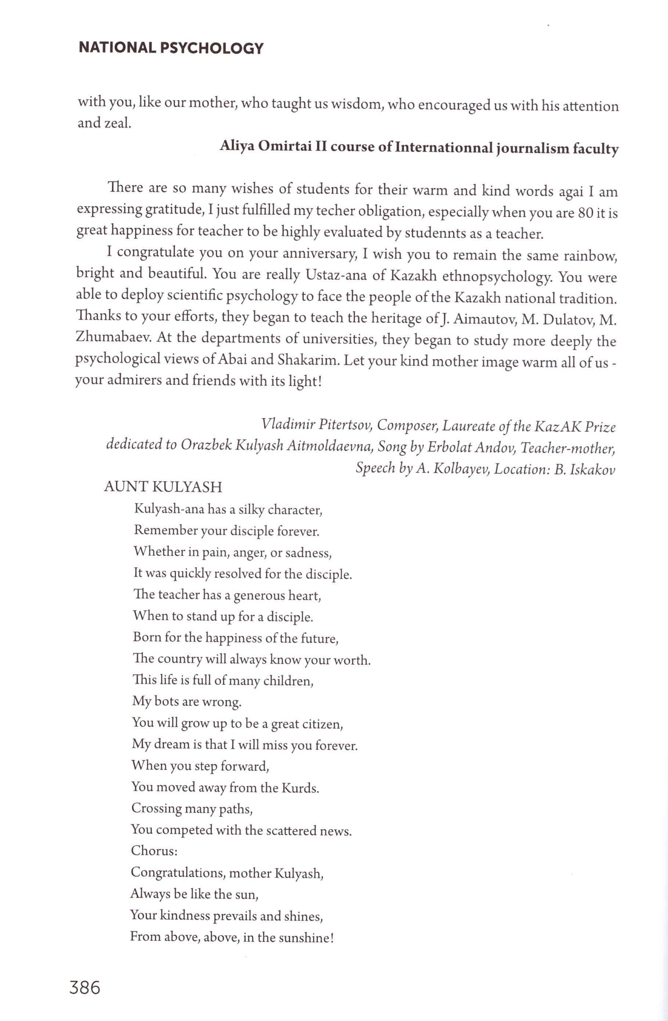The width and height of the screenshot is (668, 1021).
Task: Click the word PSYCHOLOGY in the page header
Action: [x=211, y=48]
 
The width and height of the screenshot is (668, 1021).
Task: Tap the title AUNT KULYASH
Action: [x=163, y=487]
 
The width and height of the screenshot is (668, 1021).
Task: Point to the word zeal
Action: [x=116, y=124]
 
